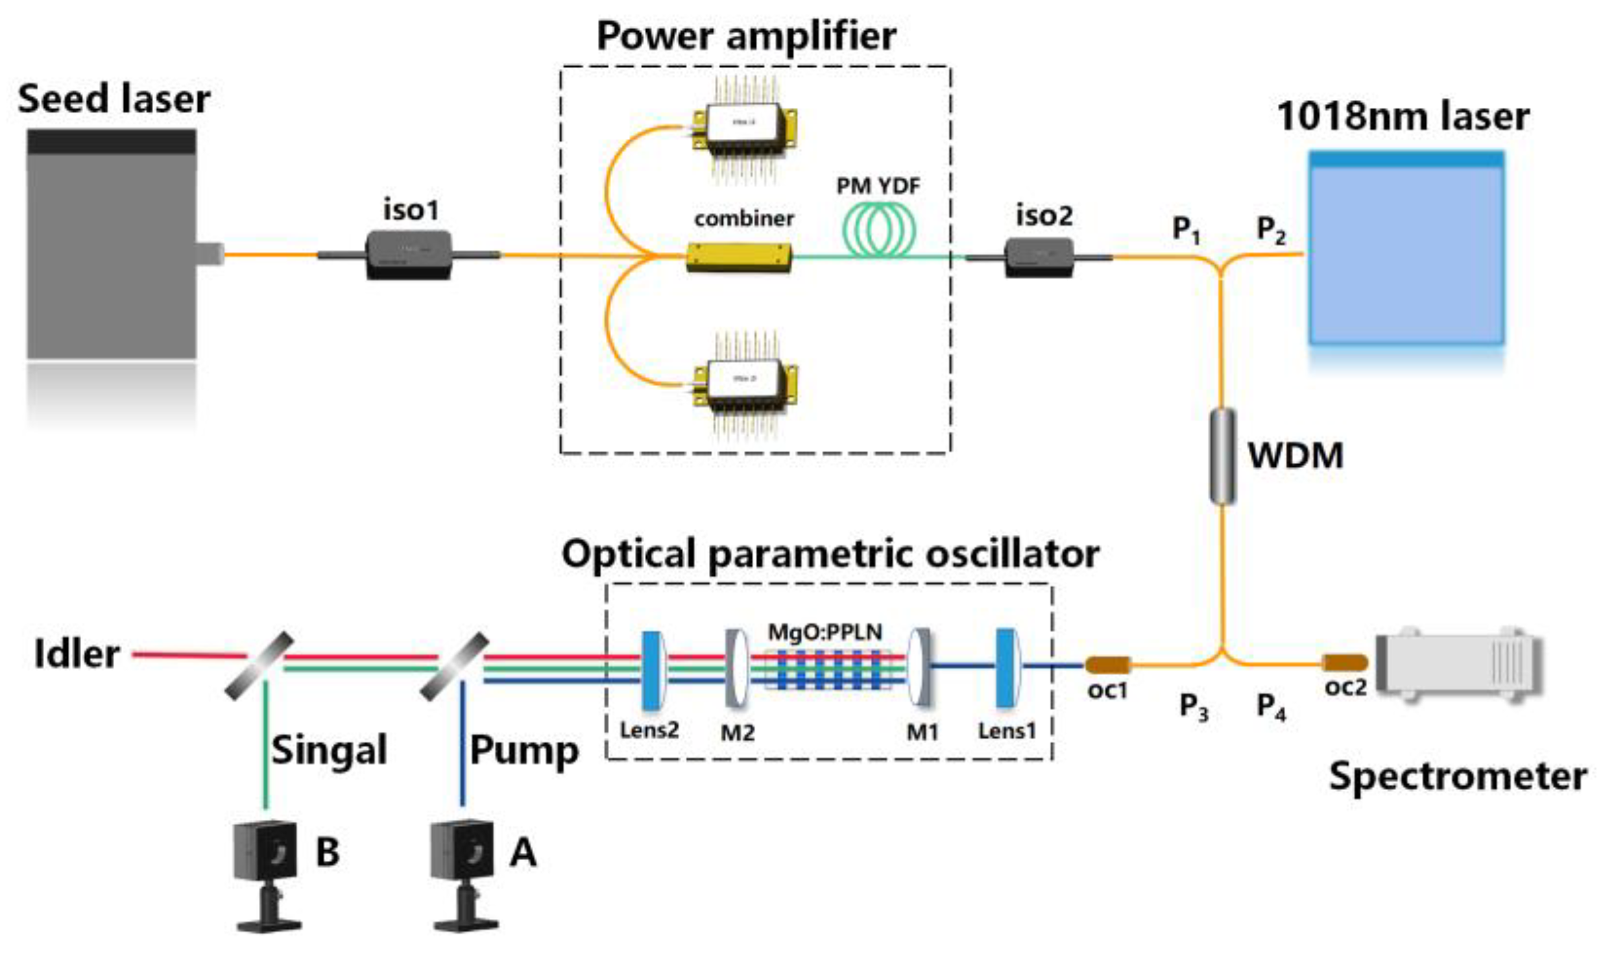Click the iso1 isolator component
click(409, 255)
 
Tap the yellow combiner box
click(739, 258)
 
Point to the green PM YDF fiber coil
click(878, 229)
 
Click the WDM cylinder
click(1222, 456)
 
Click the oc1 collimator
click(1108, 665)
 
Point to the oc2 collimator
click(1345, 663)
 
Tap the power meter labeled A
click(463, 873)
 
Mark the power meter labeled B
click(266, 873)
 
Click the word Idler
click(77, 654)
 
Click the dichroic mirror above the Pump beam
click(454, 667)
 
